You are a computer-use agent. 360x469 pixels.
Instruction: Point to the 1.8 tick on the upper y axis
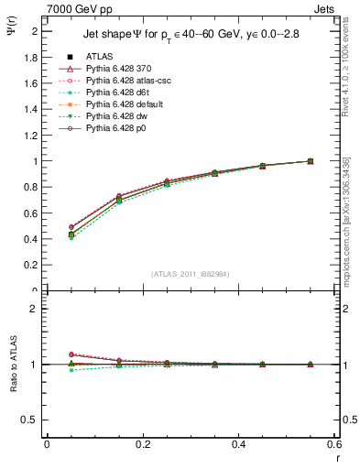pyautogui.click(x=33, y=57)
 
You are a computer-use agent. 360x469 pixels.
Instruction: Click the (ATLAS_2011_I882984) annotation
pyautogui.click(x=190, y=273)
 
